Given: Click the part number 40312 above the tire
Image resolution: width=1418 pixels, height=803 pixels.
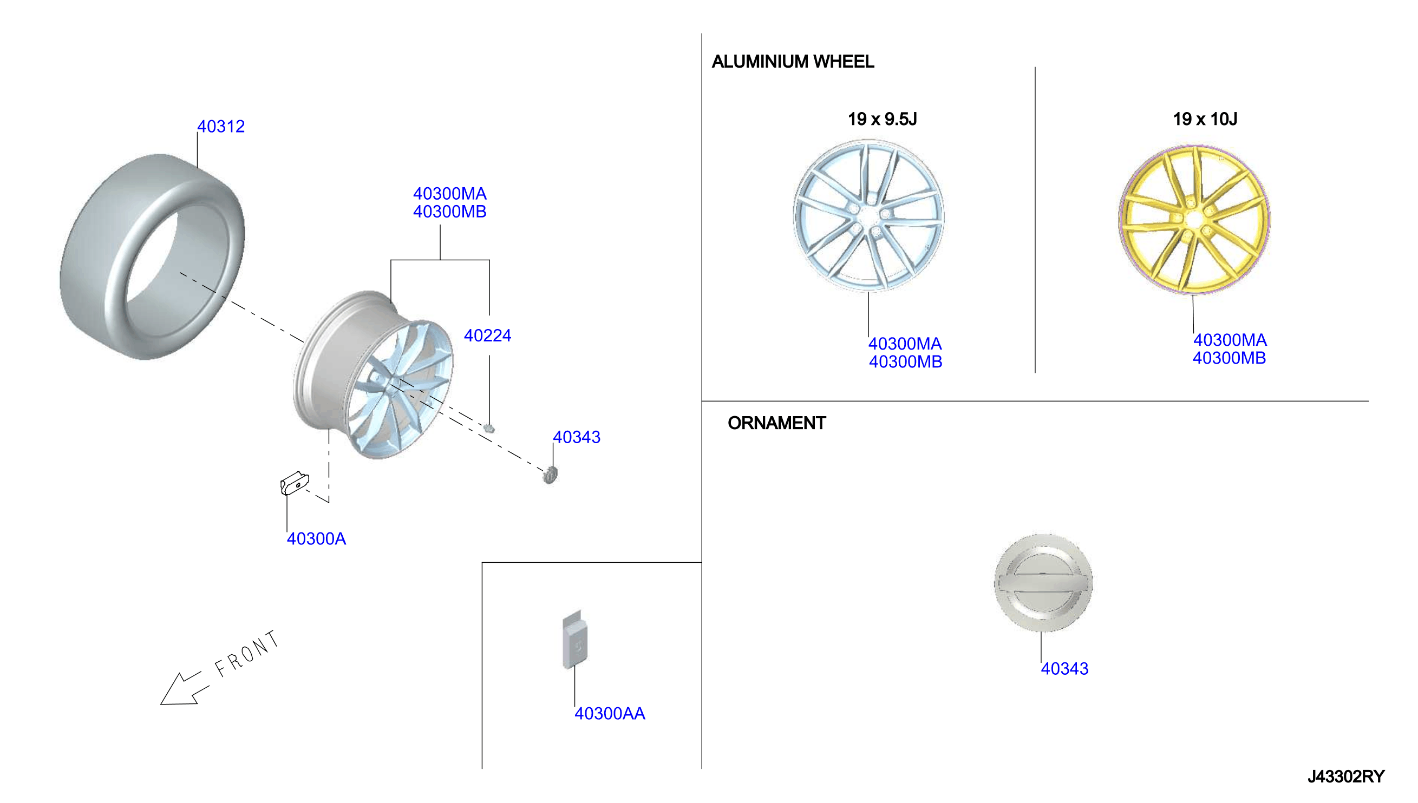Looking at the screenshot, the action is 221,126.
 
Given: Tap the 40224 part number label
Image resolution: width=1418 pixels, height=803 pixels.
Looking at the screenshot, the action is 487,335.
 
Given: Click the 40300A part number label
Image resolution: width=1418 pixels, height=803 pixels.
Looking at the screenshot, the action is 316,539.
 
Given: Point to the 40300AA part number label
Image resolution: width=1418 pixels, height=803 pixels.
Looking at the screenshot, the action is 610,714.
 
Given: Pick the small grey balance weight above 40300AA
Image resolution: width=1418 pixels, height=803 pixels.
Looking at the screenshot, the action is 574,640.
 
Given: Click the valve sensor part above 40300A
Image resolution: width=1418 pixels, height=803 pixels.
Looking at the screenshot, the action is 294,484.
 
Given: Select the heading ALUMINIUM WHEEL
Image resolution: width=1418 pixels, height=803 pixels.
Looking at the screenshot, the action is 793,61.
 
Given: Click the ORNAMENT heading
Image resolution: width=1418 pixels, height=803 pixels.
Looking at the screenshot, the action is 776,423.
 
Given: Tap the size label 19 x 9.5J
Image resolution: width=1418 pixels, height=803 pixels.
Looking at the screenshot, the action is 881,119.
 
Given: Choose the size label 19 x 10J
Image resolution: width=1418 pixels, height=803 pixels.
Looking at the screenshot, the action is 1205,119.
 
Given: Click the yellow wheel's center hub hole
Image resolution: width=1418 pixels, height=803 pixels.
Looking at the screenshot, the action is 1193,220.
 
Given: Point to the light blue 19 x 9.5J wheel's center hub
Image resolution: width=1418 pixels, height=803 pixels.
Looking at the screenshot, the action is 870,217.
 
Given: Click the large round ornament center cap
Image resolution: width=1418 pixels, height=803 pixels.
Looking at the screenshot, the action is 1043,582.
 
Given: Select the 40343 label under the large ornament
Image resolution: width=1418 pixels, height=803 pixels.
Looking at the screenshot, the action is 1064,669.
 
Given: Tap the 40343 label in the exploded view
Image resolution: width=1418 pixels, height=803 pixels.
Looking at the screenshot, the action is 577,437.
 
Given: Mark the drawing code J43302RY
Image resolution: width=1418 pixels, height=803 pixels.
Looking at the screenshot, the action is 1346,776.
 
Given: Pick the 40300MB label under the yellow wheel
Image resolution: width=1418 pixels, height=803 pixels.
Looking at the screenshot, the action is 1229,358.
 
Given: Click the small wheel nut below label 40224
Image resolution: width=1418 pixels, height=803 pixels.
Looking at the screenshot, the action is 489,428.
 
